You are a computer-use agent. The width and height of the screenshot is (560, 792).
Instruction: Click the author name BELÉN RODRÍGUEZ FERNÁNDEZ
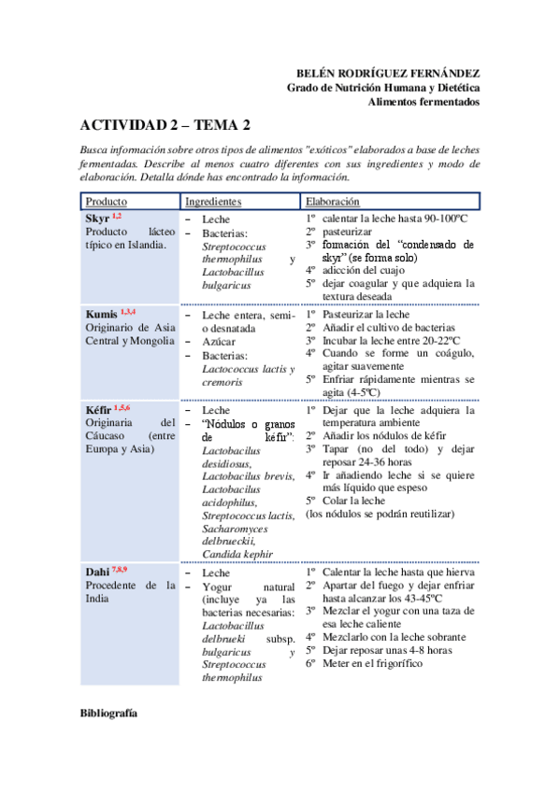tap(387, 73)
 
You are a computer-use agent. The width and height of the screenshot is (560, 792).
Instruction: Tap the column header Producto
tap(106, 202)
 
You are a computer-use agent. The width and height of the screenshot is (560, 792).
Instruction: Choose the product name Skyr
tap(97, 218)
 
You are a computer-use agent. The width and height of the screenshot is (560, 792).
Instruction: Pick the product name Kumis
tap(102, 314)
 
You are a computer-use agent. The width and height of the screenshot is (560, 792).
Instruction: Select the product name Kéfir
tap(99, 410)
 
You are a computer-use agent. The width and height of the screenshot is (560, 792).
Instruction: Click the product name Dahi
tap(97, 573)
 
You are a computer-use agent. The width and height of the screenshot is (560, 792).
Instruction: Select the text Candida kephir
tap(237, 553)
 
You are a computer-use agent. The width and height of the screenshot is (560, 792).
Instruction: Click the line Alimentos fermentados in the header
tap(423, 101)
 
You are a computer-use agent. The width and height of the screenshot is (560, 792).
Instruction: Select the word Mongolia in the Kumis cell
tap(151, 341)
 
